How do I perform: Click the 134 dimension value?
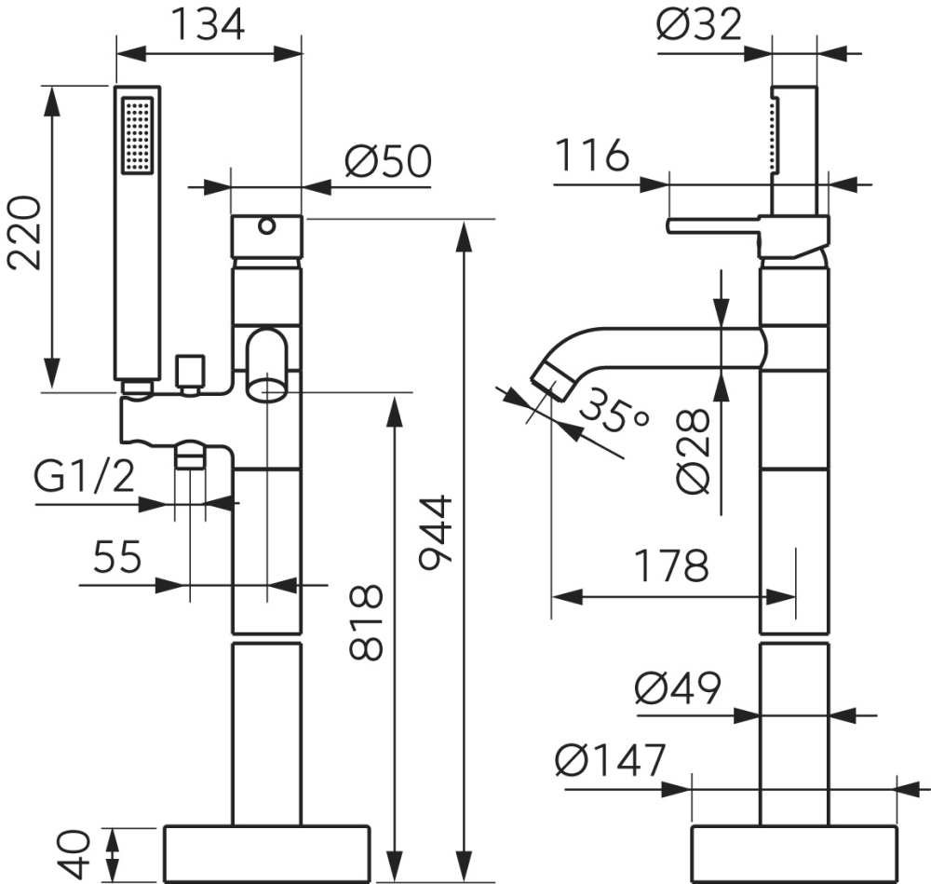click(x=208, y=25)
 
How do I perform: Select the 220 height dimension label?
click(x=25, y=233)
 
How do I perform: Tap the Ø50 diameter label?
click(x=388, y=161)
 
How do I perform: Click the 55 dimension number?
click(x=117, y=557)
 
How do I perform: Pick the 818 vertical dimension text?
click(x=366, y=622)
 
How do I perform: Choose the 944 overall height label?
click(x=437, y=533)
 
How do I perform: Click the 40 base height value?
click(x=74, y=854)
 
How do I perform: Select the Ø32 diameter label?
click(x=699, y=24)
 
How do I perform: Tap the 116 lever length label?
click(x=591, y=155)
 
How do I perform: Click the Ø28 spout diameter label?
click(x=693, y=452)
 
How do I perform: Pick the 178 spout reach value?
click(x=671, y=565)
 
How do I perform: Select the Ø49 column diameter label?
click(x=678, y=688)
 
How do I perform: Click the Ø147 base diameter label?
click(x=611, y=760)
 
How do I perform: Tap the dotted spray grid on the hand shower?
click(x=137, y=136)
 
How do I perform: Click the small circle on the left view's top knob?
click(x=266, y=226)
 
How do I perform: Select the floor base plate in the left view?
click(x=266, y=853)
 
